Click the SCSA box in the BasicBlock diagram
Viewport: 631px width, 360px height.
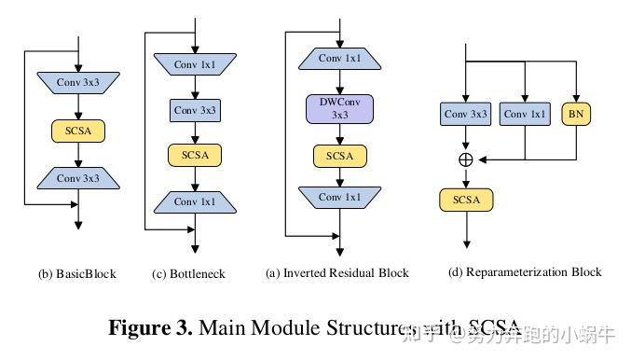(78, 130)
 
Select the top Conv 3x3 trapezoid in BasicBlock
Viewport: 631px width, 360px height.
(78, 84)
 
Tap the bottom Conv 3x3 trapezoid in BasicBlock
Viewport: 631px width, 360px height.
(78, 176)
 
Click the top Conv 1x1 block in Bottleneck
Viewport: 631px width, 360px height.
(194, 64)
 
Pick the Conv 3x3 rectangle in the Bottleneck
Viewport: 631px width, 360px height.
(194, 110)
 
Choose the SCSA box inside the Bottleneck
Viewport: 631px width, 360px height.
(194, 155)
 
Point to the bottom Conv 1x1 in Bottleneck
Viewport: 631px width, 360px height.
(194, 201)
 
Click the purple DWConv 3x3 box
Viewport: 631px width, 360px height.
(339, 110)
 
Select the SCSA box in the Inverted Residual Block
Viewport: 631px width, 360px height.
(339, 155)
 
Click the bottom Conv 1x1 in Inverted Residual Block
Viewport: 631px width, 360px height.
(339, 197)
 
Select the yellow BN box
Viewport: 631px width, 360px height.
(575, 115)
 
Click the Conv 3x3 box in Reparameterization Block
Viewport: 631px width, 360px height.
(466, 115)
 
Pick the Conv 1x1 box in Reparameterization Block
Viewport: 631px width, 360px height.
(526, 115)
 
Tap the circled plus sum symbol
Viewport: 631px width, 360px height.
(466, 159)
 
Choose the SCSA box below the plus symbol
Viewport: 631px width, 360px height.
(466, 200)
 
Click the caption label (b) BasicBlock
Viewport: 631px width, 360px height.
(77, 274)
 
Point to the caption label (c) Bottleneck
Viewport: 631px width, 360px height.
(189, 274)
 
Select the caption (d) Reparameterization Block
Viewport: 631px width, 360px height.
(525, 272)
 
